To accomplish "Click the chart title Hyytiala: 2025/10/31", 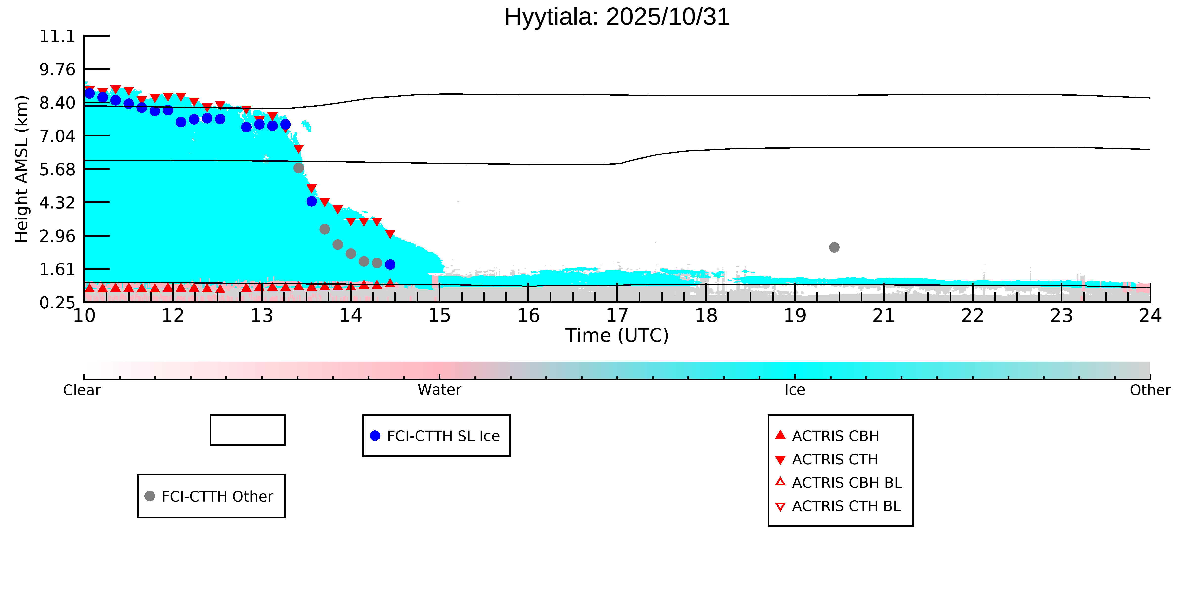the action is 617,17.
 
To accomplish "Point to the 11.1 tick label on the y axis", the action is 57,36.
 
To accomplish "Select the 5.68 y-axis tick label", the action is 57,169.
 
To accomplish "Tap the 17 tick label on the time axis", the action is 617,316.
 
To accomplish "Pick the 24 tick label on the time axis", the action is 1150,316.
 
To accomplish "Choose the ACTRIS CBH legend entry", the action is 827,436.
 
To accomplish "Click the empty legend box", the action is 247,430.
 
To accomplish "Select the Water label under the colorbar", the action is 439,390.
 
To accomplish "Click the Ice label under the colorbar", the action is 795,390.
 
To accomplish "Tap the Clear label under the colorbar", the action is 82,390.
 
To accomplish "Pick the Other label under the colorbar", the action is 1150,390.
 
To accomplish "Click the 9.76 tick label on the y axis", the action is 57,69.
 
